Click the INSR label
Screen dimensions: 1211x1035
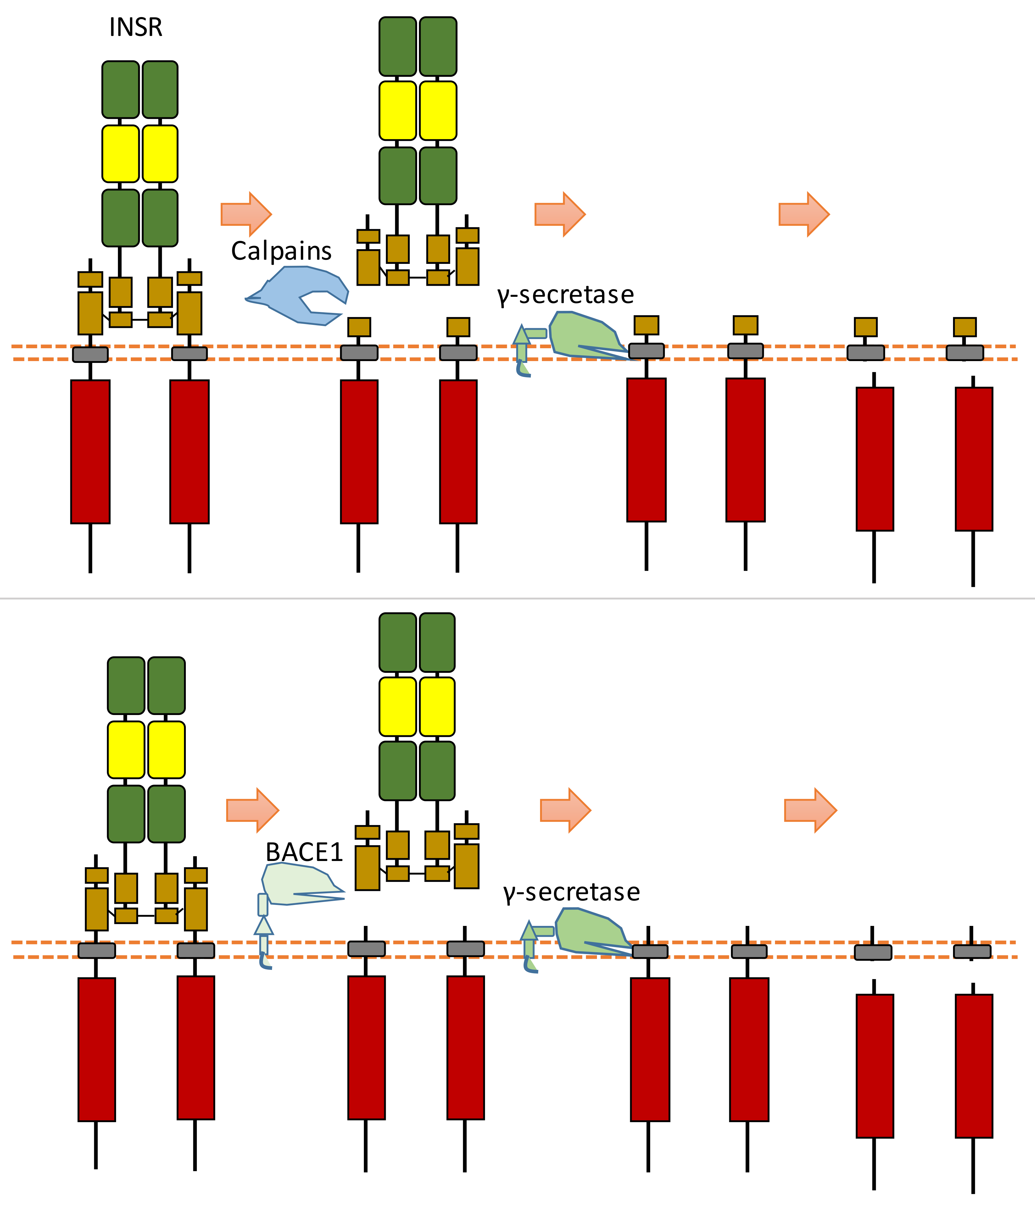pyautogui.click(x=136, y=28)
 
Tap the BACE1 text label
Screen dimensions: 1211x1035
pyautogui.click(x=304, y=852)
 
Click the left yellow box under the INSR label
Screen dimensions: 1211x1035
pyautogui.click(x=120, y=154)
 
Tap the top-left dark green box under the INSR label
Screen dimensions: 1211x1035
pyautogui.click(x=120, y=89)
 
